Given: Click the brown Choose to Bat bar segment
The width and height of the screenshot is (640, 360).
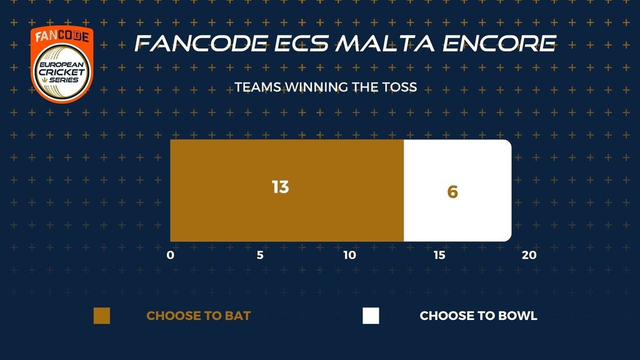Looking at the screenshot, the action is point(287,191).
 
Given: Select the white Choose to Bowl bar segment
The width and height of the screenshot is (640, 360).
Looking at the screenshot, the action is point(457,191).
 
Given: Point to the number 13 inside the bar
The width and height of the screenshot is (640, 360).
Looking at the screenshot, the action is point(281,187).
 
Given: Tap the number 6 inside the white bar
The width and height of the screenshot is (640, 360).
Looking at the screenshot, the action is point(452,192).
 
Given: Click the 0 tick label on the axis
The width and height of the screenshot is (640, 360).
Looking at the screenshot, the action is point(170,255).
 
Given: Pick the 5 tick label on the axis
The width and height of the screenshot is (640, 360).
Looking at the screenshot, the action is point(260,255).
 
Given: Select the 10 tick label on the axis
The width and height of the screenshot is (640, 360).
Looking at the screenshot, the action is point(349,255).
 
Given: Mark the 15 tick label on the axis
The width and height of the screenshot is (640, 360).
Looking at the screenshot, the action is point(439,255).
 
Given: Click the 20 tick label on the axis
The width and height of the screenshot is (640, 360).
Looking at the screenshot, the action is point(529,255).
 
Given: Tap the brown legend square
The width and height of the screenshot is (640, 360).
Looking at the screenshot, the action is point(102,316).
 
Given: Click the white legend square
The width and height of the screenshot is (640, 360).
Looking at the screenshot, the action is point(371,316).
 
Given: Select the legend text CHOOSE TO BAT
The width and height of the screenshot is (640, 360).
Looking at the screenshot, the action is point(198,316).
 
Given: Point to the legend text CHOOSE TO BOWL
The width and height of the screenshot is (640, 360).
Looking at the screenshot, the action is point(478,316).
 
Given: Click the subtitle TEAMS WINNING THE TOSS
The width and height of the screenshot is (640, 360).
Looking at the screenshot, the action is point(326,87).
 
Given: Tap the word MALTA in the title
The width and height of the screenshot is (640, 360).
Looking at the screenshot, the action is point(385,43).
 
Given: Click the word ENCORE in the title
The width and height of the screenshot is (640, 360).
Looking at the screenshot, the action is point(499,43).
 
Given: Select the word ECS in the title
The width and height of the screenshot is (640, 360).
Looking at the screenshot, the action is point(301,43).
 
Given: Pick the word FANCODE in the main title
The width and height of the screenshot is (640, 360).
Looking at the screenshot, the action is point(201,43).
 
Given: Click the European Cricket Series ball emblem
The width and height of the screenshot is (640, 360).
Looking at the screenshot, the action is point(62,72).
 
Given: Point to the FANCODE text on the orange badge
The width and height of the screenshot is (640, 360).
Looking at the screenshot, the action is point(62,36).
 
